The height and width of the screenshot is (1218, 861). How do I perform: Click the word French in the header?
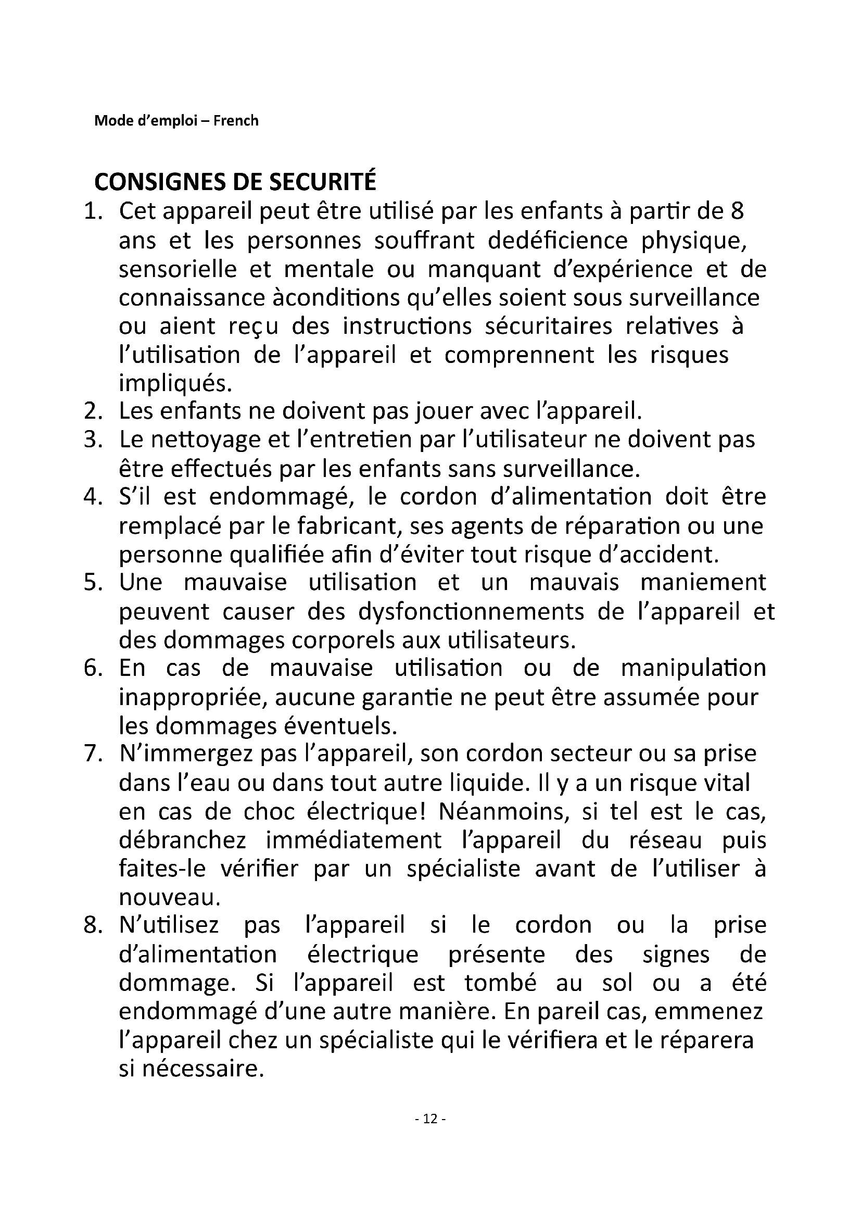pyautogui.click(x=236, y=121)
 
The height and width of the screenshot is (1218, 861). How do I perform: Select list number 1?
pyautogui.click(x=92, y=211)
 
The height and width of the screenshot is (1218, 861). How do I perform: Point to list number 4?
pyautogui.click(x=92, y=497)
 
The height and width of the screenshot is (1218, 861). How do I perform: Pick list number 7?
pyautogui.click(x=92, y=754)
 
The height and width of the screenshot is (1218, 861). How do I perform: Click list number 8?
pyautogui.click(x=92, y=925)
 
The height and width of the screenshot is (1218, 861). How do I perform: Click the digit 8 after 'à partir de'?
pyautogui.click(x=737, y=211)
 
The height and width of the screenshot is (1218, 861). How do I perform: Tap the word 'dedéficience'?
pyautogui.click(x=557, y=241)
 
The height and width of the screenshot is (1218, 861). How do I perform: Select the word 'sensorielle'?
pyautogui.click(x=178, y=270)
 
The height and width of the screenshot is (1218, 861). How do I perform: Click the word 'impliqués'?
pyautogui.click(x=174, y=384)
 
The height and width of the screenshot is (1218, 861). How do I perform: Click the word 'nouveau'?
pyautogui.click(x=168, y=897)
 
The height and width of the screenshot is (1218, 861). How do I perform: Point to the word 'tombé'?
pyautogui.click(x=500, y=983)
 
